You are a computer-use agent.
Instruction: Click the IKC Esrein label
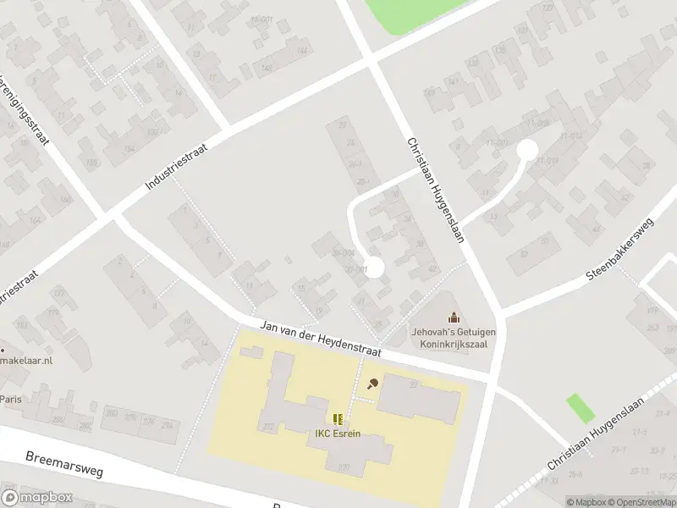pos(338,435)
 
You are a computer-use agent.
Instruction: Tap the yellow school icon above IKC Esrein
pos(338,419)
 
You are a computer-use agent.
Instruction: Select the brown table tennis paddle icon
pos(372,384)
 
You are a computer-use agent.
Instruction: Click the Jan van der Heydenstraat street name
pos(321,338)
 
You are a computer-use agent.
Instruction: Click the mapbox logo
pos(37,497)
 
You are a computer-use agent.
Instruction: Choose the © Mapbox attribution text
pos(585,502)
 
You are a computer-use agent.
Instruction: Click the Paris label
pos(11,399)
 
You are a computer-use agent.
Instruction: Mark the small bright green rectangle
pos(580,407)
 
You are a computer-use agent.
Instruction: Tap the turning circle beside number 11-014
pos(526,150)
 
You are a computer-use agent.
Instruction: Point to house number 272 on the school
pos(268,426)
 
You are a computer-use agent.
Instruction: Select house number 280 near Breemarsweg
pos(110,412)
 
